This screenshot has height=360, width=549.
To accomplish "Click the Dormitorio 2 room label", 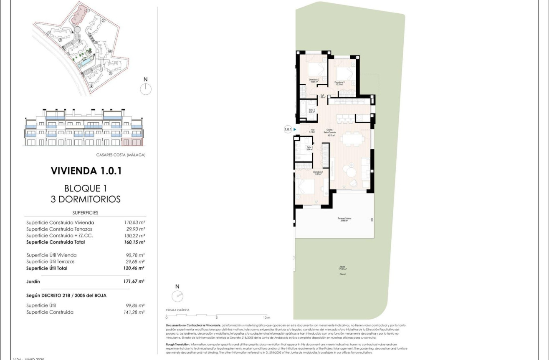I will pyautogui.click(x=314, y=81).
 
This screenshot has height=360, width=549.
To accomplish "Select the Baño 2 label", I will pyautogui.click(x=311, y=111).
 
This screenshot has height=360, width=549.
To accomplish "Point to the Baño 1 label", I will pyautogui.click(x=309, y=148).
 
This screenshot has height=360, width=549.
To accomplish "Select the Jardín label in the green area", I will pyautogui.click(x=342, y=268).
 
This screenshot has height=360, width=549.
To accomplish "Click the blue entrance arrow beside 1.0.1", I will pyautogui.click(x=295, y=130).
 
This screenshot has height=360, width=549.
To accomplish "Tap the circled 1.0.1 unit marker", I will pyautogui.click(x=288, y=130).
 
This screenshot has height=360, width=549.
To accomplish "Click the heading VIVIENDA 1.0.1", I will pyautogui.click(x=86, y=171).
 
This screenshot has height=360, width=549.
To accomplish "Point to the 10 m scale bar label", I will pyautogui.click(x=267, y=318).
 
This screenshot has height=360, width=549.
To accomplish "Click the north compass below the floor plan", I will pyautogui.click(x=177, y=296).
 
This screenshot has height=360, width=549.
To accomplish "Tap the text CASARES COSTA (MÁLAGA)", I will pyautogui.click(x=121, y=155).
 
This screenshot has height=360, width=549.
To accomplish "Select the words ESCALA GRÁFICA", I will pyautogui.click(x=178, y=310).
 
